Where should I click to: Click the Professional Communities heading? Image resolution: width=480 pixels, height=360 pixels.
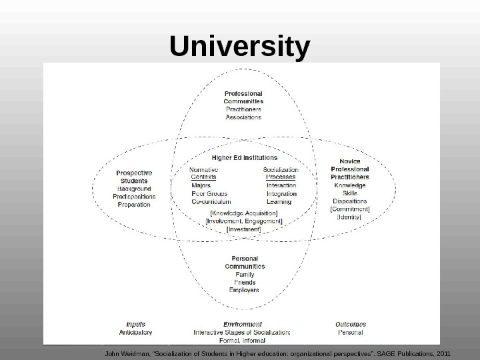(x=243, y=97)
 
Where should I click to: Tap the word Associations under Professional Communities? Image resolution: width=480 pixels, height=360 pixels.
(x=243, y=117)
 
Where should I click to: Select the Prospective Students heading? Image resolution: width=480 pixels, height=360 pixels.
(x=134, y=177)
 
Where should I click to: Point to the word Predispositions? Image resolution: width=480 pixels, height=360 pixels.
(x=134, y=197)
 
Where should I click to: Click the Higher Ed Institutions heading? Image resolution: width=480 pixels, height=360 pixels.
(x=245, y=158)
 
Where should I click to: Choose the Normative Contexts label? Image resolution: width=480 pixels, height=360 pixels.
(x=204, y=173)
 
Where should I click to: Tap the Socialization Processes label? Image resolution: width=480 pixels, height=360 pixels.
(x=281, y=173)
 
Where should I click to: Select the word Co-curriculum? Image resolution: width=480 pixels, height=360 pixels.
(x=211, y=201)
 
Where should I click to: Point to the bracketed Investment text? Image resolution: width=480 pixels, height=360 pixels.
(x=244, y=229)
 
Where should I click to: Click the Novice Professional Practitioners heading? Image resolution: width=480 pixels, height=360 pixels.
(x=350, y=169)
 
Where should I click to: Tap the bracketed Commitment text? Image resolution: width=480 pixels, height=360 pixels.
(x=350, y=209)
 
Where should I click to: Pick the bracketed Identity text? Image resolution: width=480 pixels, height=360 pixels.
(x=350, y=217)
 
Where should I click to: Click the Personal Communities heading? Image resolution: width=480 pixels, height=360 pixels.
(x=245, y=262)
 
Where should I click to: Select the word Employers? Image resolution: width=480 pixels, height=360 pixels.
(x=245, y=290)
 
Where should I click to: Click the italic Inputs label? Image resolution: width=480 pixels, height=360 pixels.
(x=135, y=325)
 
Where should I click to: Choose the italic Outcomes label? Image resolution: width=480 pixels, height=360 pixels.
(x=350, y=325)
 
